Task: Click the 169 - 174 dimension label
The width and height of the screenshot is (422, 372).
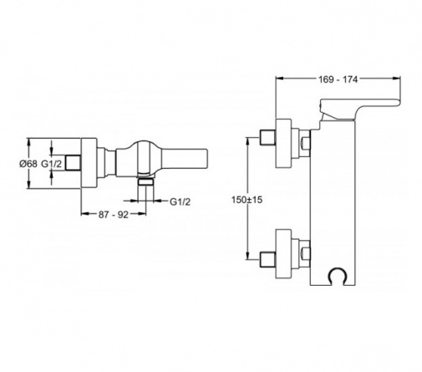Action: (x=338, y=79)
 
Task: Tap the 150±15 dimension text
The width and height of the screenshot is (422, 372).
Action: (x=247, y=200)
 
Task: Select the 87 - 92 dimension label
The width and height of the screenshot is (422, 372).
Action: (x=114, y=215)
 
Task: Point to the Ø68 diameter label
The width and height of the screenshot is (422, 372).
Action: (x=28, y=164)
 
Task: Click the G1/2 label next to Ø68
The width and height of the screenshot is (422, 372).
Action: (x=52, y=164)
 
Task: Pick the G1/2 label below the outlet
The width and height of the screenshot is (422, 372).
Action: (x=180, y=201)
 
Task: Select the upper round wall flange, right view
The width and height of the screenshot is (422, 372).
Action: (x=283, y=144)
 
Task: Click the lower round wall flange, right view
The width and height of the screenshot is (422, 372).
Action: (x=283, y=253)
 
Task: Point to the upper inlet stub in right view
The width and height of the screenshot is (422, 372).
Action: (x=267, y=138)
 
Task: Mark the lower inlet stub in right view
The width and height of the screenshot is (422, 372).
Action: (x=267, y=260)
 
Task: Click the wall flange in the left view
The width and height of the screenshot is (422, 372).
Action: (x=89, y=163)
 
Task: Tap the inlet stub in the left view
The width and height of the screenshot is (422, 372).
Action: (x=74, y=163)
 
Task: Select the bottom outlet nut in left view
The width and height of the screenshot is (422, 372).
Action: (x=145, y=182)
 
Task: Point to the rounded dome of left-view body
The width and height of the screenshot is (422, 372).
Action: (x=142, y=145)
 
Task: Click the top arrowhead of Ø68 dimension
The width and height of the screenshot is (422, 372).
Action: (x=28, y=141)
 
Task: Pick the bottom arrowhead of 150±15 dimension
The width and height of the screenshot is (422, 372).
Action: (x=247, y=257)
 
